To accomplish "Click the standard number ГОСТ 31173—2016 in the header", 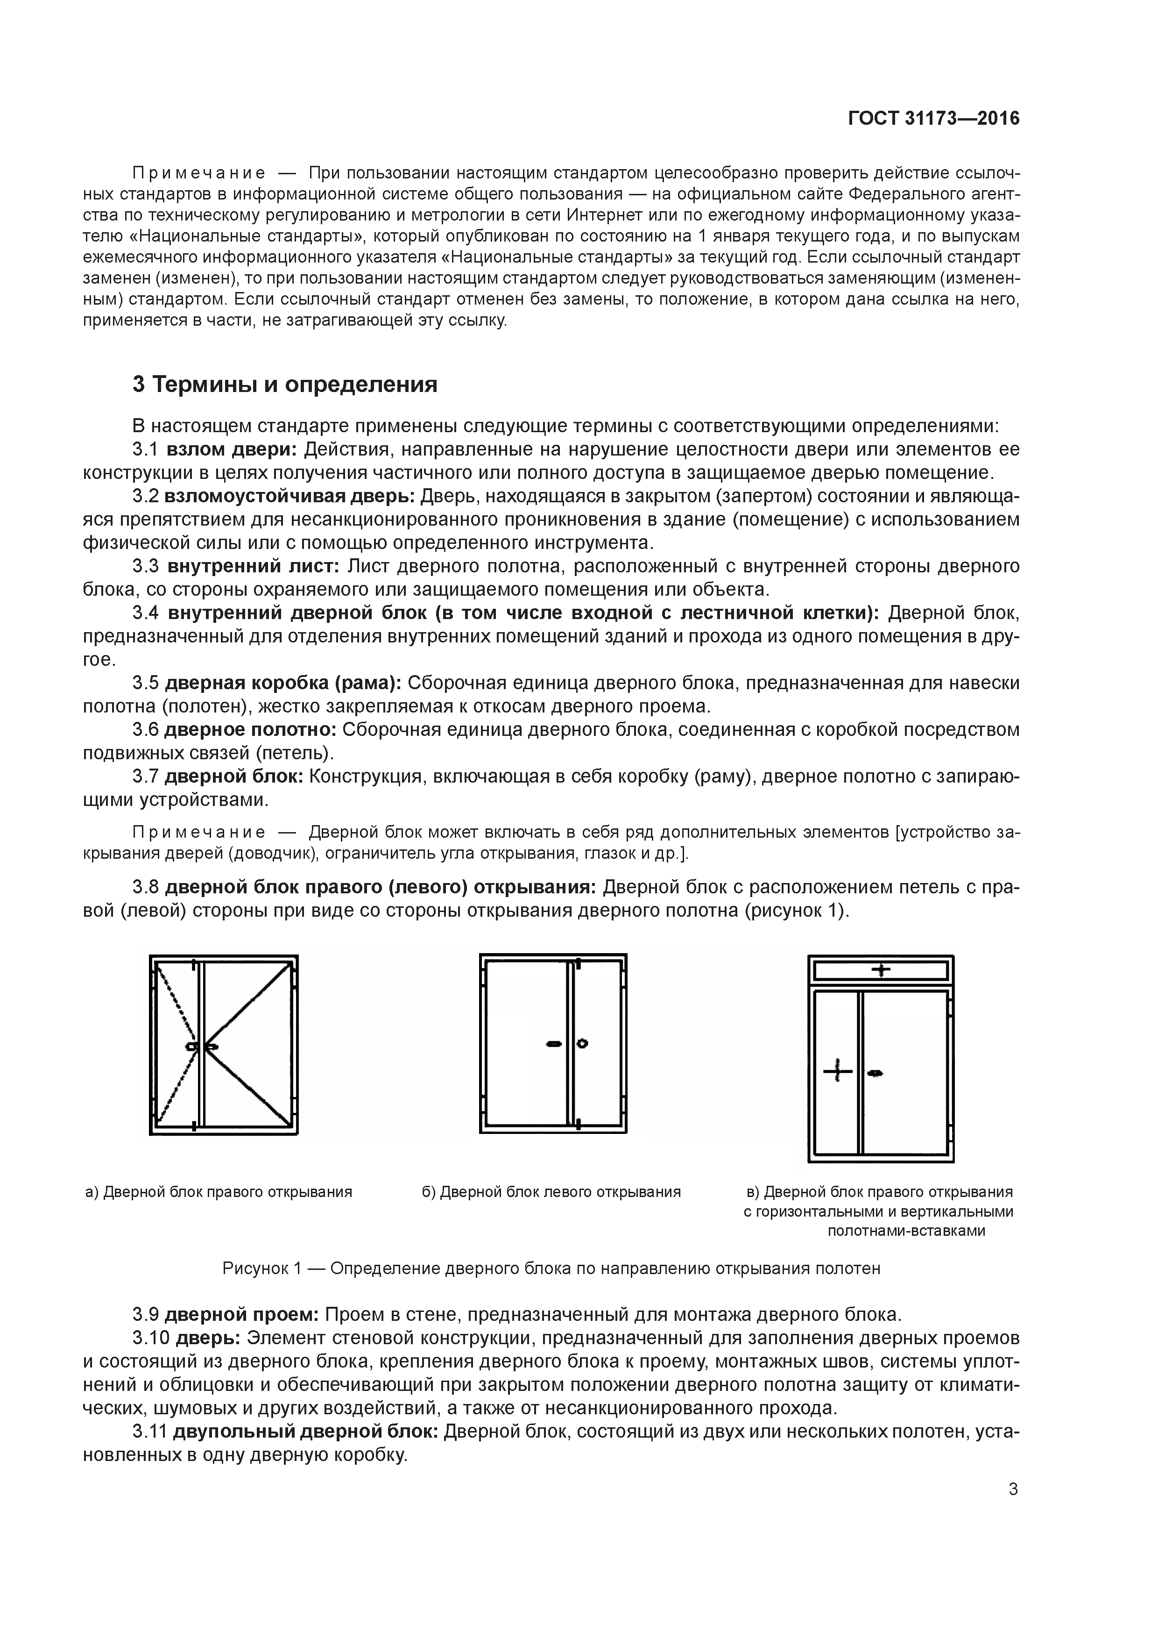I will pyautogui.click(x=934, y=119).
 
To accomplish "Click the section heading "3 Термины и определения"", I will pyautogui.click(x=285, y=385).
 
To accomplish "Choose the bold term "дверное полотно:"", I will pyautogui.click(x=250, y=730).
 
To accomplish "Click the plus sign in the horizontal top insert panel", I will pyautogui.click(x=882, y=969).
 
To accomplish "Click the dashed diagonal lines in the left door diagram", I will pyautogui.click(x=175, y=1042).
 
